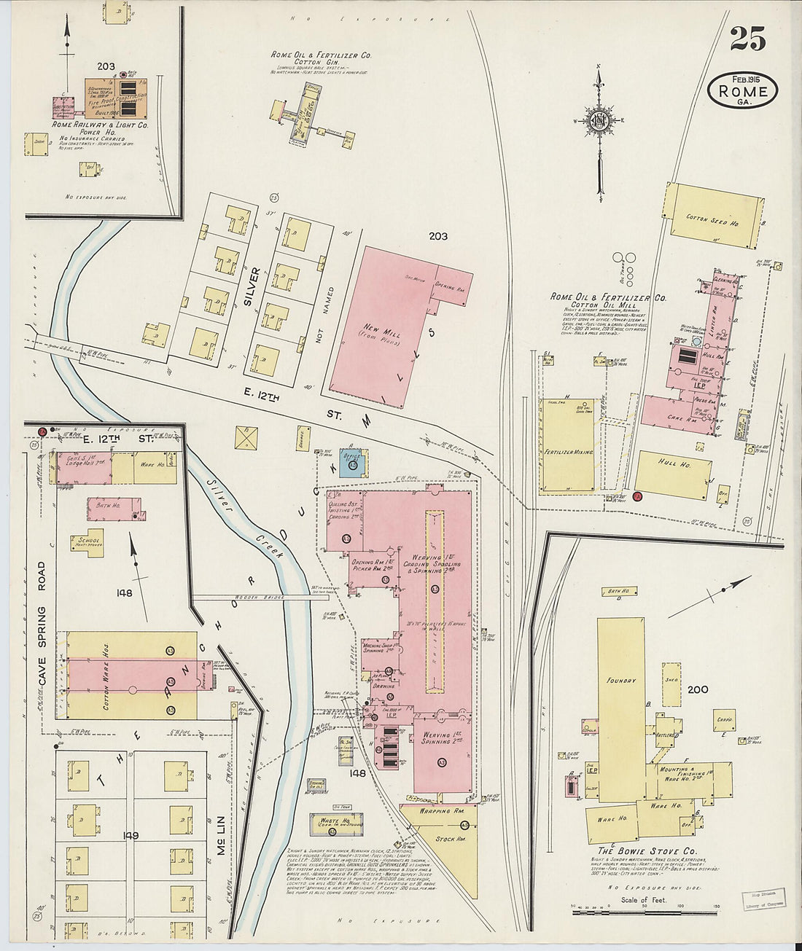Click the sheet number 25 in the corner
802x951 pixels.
pyautogui.click(x=747, y=37)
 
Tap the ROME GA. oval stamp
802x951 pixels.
pyautogui.click(x=742, y=90)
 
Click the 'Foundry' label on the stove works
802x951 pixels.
pyautogui.click(x=620, y=681)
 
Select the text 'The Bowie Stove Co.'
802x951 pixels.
pyautogui.click(x=647, y=850)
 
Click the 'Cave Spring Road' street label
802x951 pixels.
pyautogui.click(x=42, y=623)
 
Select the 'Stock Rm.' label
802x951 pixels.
pyautogui.click(x=445, y=839)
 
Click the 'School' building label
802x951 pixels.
pyautogui.click(x=85, y=541)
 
